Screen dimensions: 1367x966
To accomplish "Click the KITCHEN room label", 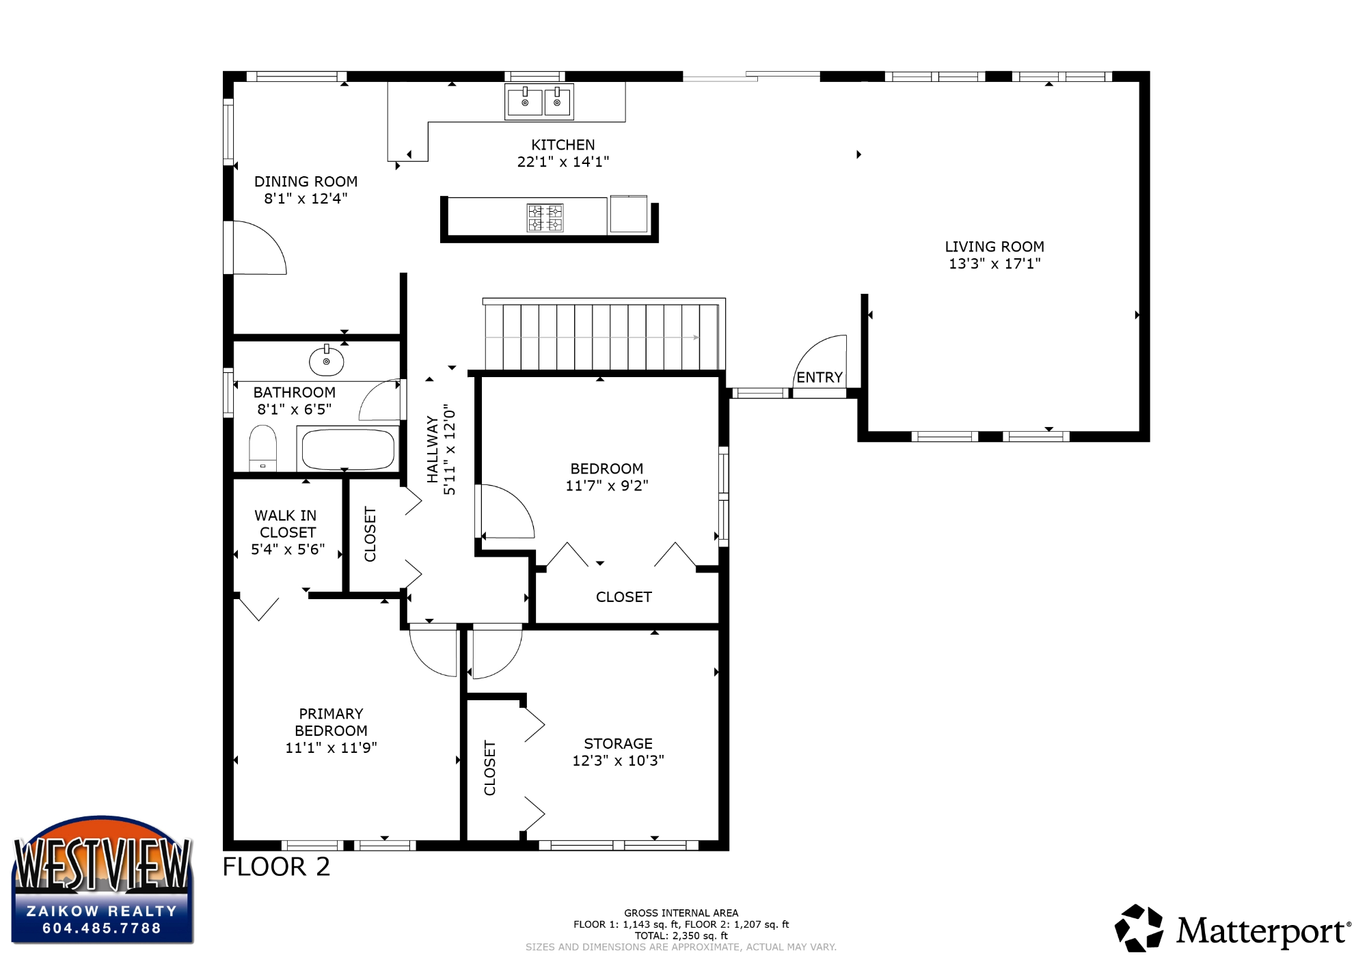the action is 563,145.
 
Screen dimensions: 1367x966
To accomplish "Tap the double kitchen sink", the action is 539,102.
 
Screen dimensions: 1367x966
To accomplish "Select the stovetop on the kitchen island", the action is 545,217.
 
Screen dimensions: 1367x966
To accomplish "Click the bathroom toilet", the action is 262,447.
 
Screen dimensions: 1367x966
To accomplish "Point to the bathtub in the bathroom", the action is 348,449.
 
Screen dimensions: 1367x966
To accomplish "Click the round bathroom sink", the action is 326,361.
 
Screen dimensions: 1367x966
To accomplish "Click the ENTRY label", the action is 820,377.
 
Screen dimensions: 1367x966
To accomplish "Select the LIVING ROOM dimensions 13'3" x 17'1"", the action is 994,264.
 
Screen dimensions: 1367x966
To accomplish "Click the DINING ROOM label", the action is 306,182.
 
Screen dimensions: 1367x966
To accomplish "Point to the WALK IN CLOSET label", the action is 286,524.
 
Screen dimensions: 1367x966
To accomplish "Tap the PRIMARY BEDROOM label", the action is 331,722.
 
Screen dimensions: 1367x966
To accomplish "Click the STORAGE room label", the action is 618,743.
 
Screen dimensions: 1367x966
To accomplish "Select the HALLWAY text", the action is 432,449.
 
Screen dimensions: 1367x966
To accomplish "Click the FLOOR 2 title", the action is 276,866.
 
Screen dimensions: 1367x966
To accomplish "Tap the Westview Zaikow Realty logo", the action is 103,880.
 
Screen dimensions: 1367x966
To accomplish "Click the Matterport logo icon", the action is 1139,928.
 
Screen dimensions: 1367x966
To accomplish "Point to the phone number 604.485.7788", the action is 102,928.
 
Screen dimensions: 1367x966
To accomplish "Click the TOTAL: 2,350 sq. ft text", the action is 681,936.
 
